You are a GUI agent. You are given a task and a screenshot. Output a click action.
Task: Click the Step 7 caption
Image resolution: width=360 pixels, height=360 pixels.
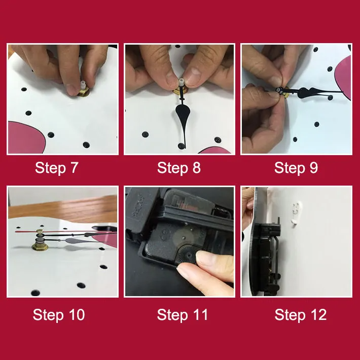pyautogui.click(x=57, y=168)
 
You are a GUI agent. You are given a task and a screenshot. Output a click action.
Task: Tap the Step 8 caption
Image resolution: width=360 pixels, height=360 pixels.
pyautogui.click(x=179, y=168)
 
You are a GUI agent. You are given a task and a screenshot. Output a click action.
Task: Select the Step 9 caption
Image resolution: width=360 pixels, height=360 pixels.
pyautogui.click(x=296, y=168)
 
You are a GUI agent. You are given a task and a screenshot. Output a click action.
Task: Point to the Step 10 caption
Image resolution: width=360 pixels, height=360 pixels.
pyautogui.click(x=59, y=315)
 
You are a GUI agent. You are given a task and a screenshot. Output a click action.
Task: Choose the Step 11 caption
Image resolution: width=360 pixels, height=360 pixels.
pyautogui.click(x=183, y=315)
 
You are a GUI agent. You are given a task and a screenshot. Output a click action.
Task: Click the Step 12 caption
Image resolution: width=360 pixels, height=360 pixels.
pyautogui.click(x=301, y=315)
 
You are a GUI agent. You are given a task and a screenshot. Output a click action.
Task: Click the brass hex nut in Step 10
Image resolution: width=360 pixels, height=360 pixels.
pyautogui.click(x=40, y=246)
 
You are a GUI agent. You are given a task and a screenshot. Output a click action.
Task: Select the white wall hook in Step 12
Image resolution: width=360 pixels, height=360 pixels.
pyautogui.click(x=296, y=213)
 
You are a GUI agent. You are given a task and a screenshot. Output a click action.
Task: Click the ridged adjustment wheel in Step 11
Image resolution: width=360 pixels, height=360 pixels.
pyautogui.click(x=187, y=256)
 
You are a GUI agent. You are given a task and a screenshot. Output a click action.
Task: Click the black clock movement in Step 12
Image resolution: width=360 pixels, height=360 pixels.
pyautogui.click(x=269, y=255)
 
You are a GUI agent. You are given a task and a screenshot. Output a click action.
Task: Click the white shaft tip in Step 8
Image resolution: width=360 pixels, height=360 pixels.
pyautogui.click(x=182, y=81)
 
